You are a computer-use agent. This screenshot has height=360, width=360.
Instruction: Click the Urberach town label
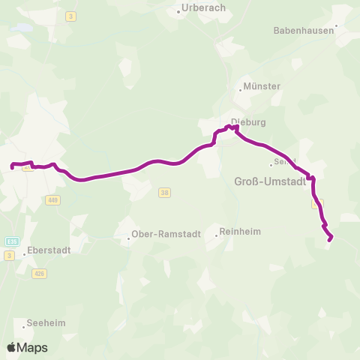(x=195, y=10)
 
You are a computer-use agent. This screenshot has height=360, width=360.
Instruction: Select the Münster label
(x=262, y=86)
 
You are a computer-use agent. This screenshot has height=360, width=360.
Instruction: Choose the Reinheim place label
(x=240, y=232)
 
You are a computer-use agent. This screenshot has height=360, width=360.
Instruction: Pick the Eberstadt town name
(x=53, y=251)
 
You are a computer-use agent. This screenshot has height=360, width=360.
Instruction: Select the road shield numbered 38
(x=165, y=193)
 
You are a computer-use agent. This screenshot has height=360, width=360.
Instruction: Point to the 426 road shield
(x=39, y=274)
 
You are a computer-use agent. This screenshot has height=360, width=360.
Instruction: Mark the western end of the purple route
(x=12, y=167)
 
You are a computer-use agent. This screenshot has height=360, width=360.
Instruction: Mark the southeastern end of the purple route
(x=331, y=240)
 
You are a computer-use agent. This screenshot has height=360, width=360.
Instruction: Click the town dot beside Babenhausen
(x=337, y=25)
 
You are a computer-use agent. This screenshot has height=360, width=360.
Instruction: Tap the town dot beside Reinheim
(x=217, y=235)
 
